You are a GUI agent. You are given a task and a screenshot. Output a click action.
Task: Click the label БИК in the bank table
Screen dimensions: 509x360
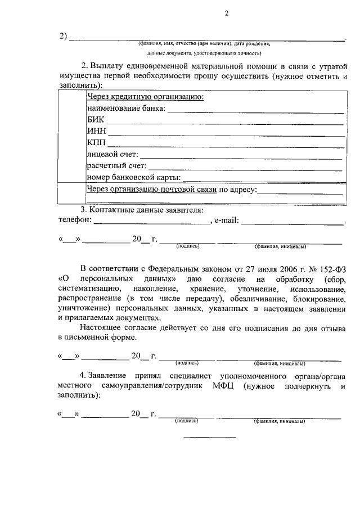coord(96,120)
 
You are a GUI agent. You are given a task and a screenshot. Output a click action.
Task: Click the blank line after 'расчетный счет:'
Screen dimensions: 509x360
coord(245,168)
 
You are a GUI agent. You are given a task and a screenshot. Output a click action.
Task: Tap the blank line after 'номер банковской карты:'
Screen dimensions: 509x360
coord(263,179)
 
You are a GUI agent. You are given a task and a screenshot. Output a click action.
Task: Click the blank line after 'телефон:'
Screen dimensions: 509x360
coord(152,223)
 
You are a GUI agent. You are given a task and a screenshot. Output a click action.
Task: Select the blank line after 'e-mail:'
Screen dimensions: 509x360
coord(292,223)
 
